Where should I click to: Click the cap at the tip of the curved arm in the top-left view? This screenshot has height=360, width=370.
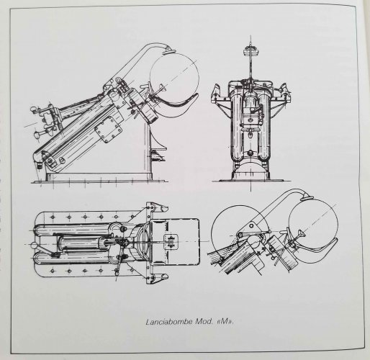[169, 50]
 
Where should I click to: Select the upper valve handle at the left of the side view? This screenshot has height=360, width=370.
[35, 109]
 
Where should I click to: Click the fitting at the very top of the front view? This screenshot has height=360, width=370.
[251, 51]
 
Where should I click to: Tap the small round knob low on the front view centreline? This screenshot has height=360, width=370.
[251, 153]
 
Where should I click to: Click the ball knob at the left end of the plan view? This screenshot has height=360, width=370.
[35, 246]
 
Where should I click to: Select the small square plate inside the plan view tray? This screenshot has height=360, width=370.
[171, 241]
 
